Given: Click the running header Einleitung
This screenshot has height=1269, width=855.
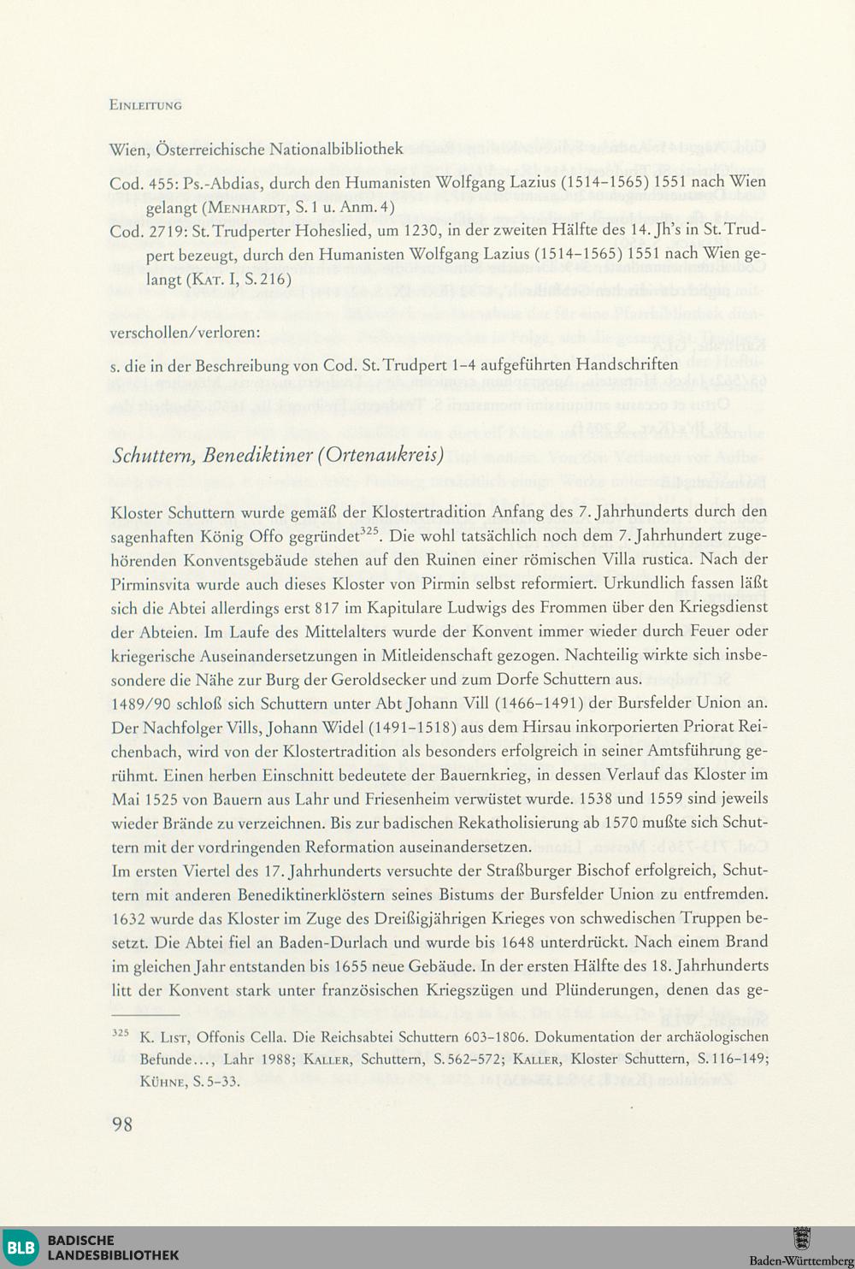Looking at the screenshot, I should pyautogui.click(x=145, y=106).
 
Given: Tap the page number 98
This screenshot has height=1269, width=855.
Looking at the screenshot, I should pyautogui.click(x=122, y=1124).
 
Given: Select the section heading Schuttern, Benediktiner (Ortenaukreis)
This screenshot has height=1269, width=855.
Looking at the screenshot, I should pyautogui.click(x=278, y=454).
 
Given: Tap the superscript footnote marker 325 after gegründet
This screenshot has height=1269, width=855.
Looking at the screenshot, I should pyautogui.click(x=369, y=531).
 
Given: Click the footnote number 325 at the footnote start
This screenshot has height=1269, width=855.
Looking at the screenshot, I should pyautogui.click(x=120, y=1033).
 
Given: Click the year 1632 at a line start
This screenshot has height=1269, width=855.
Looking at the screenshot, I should pyautogui.click(x=128, y=919).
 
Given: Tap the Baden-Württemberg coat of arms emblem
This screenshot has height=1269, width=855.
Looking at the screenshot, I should pyautogui.click(x=801, y=1238).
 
